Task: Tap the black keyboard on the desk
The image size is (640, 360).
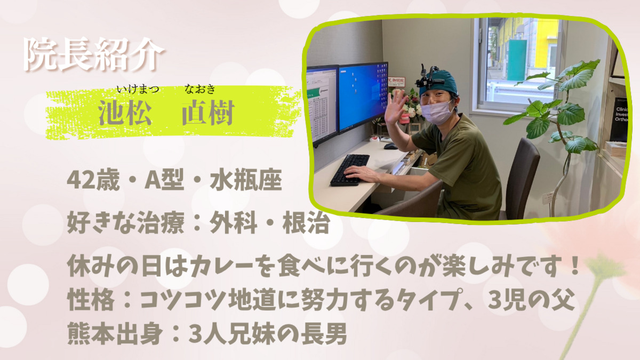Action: pyautogui.click(x=350, y=170)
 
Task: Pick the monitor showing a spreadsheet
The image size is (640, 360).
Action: pyautogui.click(x=322, y=104)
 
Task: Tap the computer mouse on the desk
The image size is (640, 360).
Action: pyautogui.click(x=390, y=146)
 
